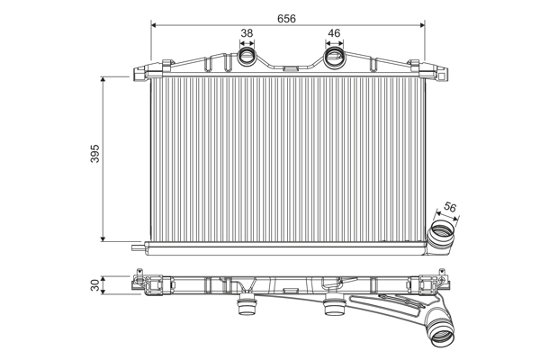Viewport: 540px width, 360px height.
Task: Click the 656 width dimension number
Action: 285,18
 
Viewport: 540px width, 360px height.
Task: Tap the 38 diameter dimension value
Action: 247,34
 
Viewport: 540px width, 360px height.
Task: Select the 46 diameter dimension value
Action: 334,34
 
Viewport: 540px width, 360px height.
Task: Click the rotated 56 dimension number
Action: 451,208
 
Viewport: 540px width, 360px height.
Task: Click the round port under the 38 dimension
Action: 247,58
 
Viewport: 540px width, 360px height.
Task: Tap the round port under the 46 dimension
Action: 334,58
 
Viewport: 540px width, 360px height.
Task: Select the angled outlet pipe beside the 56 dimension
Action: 442,234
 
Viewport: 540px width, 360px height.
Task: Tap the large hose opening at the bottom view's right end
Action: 442,337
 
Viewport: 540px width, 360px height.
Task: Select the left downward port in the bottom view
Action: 242,310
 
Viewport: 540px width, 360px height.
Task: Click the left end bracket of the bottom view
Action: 141,282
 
